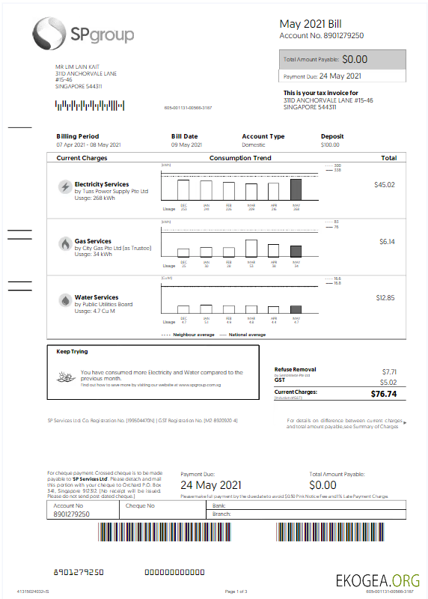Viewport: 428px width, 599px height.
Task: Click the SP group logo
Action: pyautogui.click(x=83, y=34)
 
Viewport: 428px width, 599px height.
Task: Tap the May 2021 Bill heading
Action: pyautogui.click(x=311, y=24)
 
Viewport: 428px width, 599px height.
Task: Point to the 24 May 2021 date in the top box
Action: pyautogui.click(x=340, y=76)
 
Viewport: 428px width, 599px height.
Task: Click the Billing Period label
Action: pyautogui.click(x=77, y=136)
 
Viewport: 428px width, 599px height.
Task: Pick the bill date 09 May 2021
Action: pyautogui.click(x=187, y=145)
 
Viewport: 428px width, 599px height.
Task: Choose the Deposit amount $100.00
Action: pyautogui.click(x=330, y=145)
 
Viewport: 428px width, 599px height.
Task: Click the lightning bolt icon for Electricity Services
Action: pyautogui.click(x=65, y=186)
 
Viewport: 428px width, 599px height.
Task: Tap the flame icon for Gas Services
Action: pyautogui.click(x=65, y=244)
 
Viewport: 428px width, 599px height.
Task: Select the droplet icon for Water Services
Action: pyautogui.click(x=65, y=300)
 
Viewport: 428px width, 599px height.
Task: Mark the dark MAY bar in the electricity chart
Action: pyautogui.click(x=296, y=189)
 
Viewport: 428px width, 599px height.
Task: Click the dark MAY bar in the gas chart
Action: pyautogui.click(x=296, y=251)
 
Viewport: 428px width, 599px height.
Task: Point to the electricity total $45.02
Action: pyautogui.click(x=385, y=184)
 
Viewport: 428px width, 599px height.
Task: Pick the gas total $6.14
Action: pyautogui.click(x=386, y=242)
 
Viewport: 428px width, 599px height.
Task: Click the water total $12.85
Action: pyautogui.click(x=385, y=298)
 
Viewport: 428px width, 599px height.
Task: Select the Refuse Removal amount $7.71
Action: pyautogui.click(x=388, y=371)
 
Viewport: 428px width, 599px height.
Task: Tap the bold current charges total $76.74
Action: pyautogui.click(x=382, y=393)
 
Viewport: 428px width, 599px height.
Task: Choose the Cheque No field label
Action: pyautogui.click(x=140, y=505)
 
